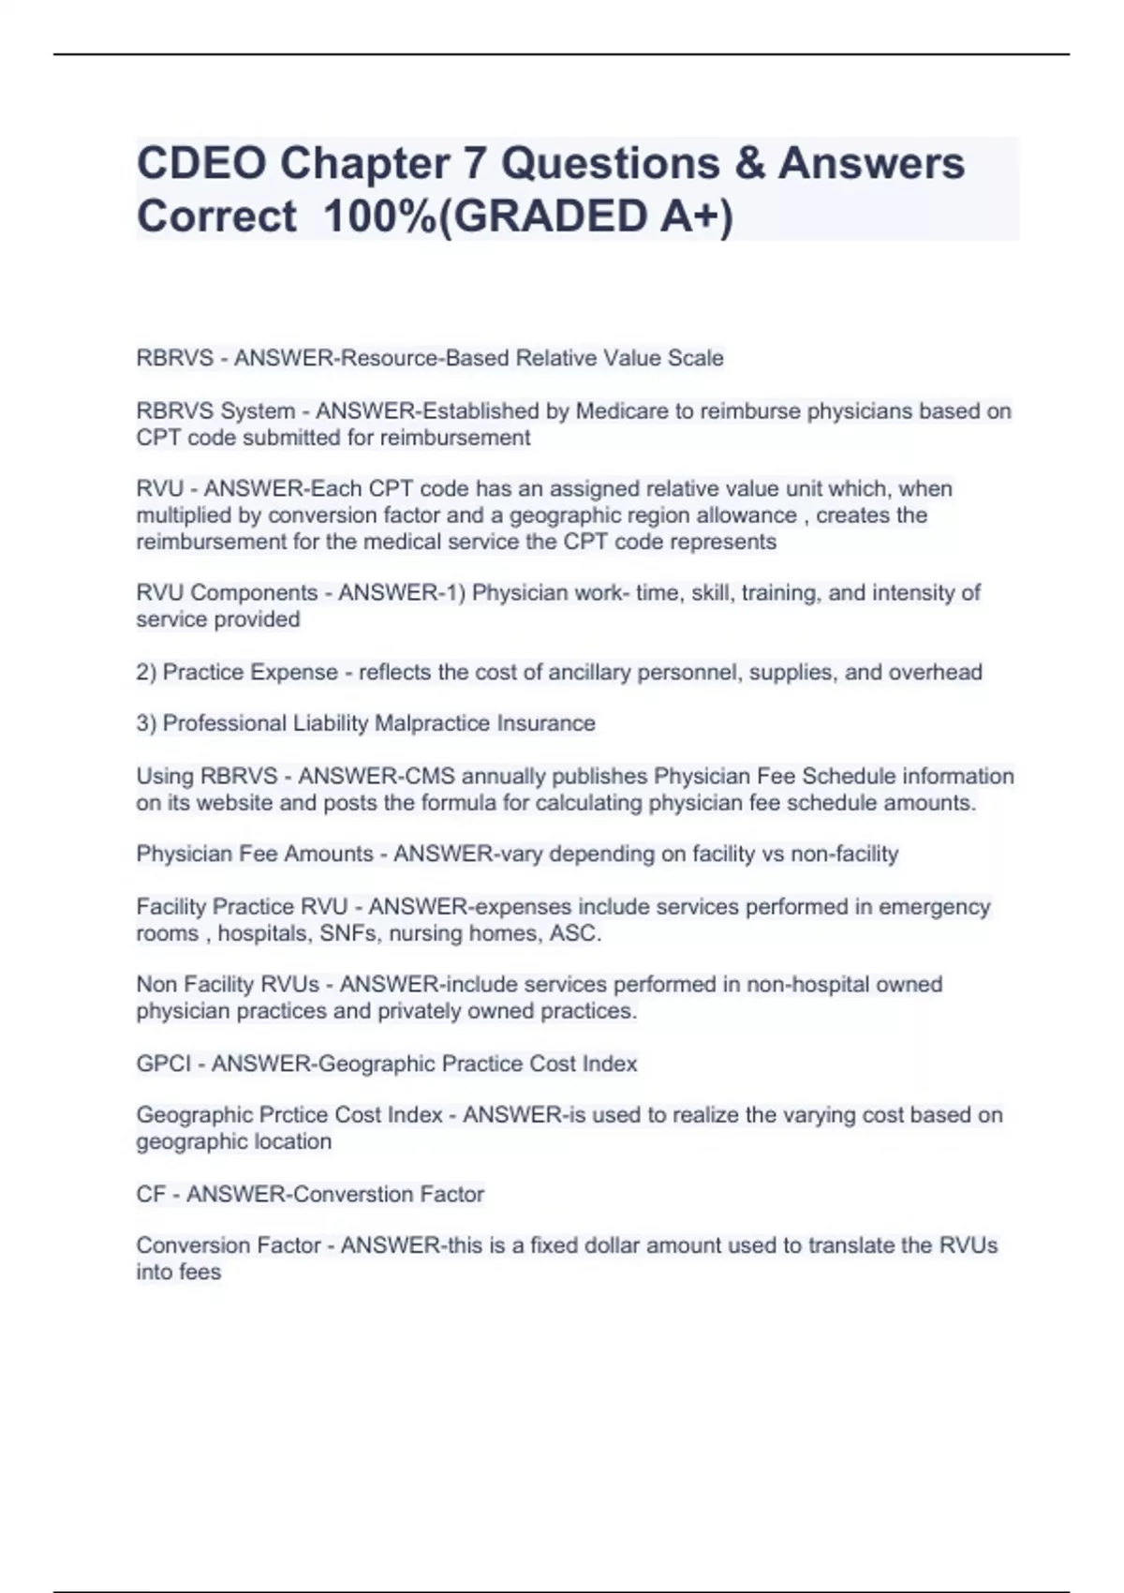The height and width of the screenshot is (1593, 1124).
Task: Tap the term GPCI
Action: pyautogui.click(x=164, y=1064)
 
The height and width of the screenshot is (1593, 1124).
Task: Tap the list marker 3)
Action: pyautogui.click(x=146, y=723)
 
